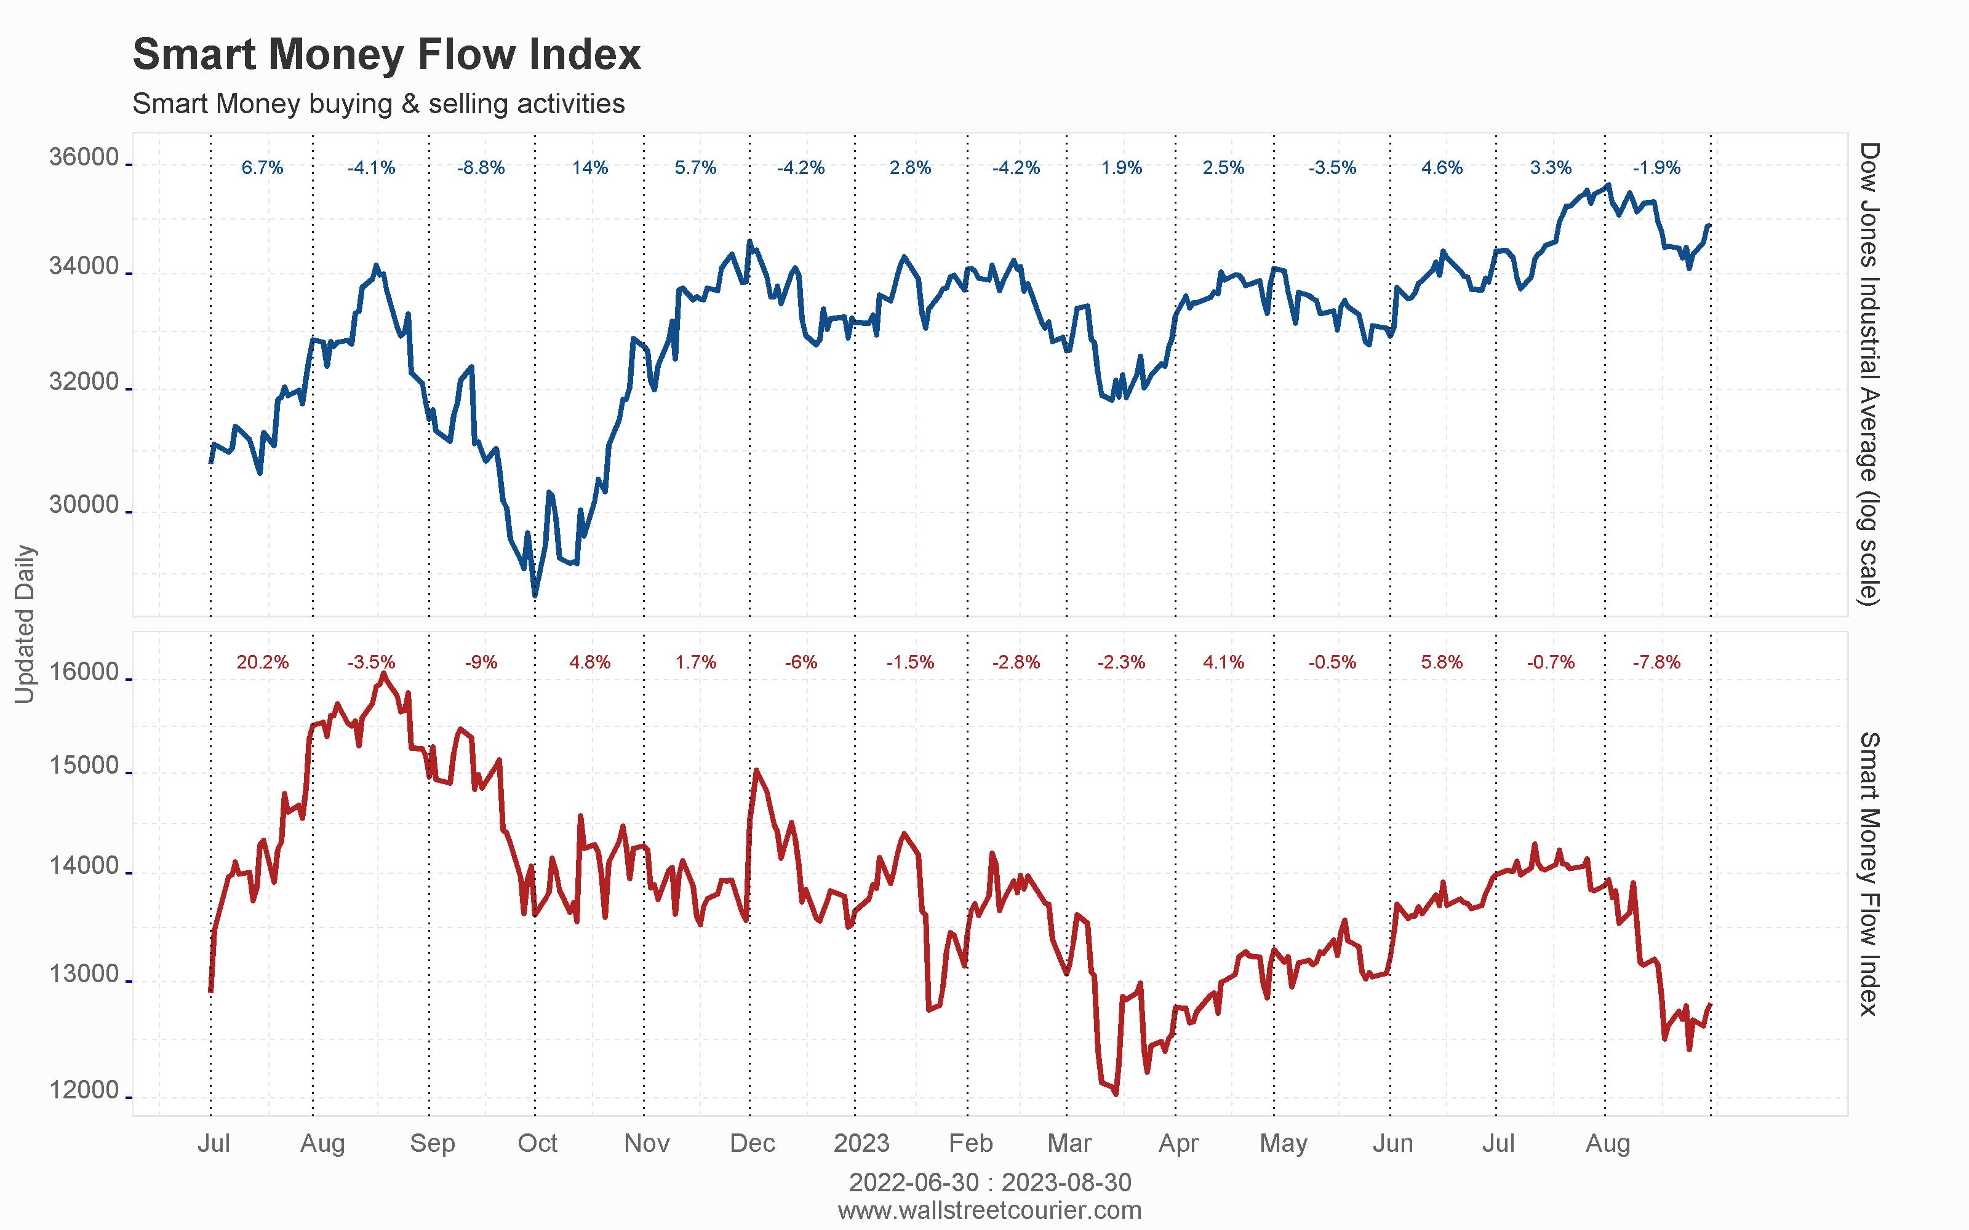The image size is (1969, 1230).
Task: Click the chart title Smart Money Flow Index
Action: (386, 55)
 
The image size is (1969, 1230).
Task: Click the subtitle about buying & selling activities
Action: (378, 104)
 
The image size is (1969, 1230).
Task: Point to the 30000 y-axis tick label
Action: (84, 504)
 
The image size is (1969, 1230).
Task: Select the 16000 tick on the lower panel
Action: (84, 672)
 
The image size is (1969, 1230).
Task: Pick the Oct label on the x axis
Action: (537, 1143)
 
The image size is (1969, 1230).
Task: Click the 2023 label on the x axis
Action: (861, 1143)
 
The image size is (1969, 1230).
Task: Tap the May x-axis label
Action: (1283, 1143)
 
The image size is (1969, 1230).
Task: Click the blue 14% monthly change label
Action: (590, 167)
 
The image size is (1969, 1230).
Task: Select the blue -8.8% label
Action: (481, 167)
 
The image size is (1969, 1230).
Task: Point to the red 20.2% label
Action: (263, 662)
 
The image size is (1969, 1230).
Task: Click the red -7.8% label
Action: (1656, 662)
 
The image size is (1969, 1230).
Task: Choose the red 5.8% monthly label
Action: (1442, 662)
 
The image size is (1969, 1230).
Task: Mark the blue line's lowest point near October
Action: (535, 595)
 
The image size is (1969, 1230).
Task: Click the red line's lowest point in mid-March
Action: (1116, 1094)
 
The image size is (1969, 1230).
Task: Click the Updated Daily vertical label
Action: (25, 624)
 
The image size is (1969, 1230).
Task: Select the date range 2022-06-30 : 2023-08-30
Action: (989, 1182)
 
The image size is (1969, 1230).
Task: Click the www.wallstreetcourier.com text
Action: (989, 1210)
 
